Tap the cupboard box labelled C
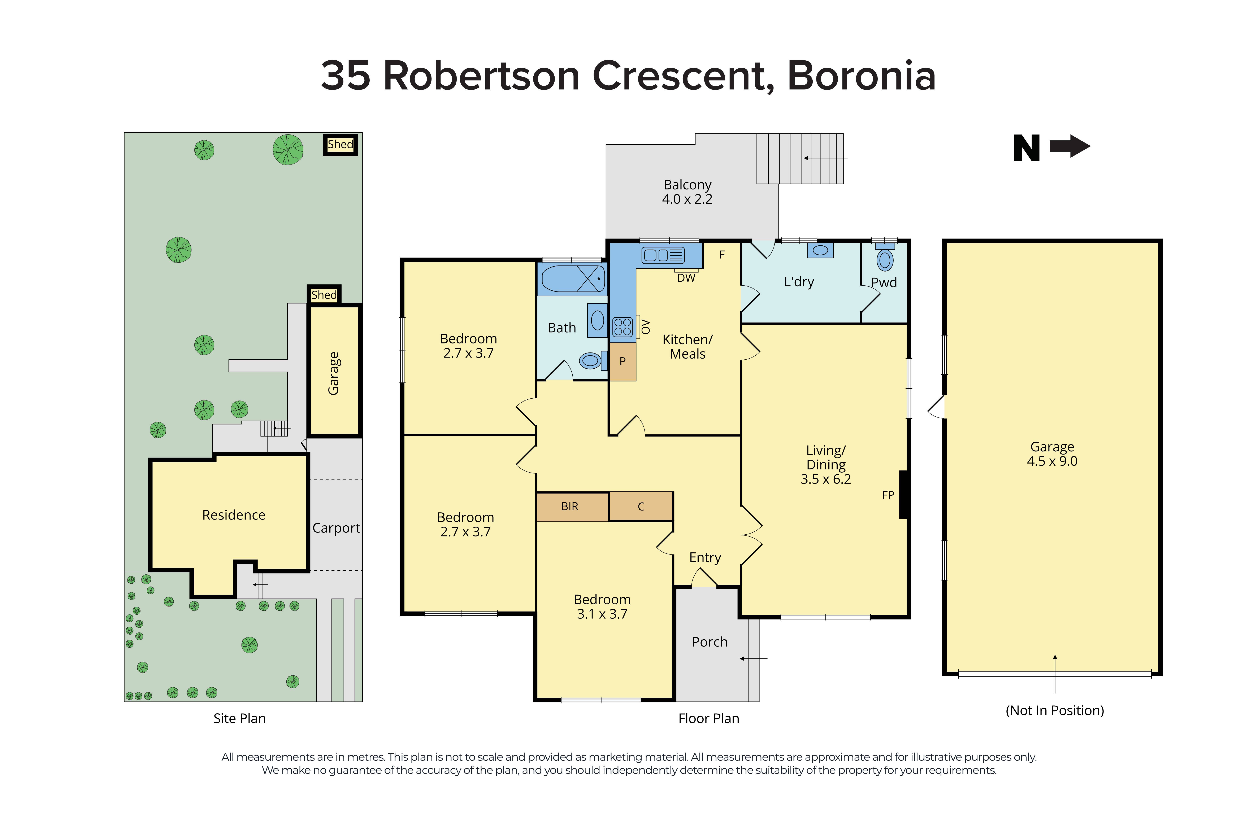[641, 506]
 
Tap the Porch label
[709, 642]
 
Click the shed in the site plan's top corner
[340, 144]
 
